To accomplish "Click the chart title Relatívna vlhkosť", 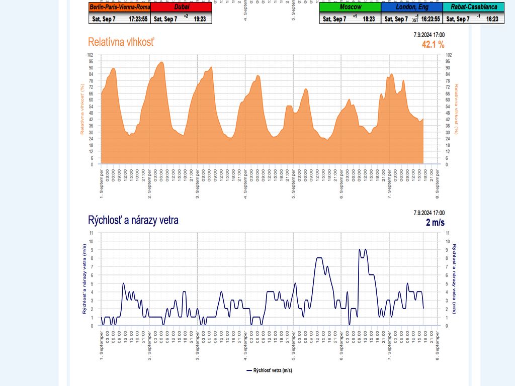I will click(121, 42).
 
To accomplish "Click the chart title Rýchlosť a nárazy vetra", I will click(133, 220).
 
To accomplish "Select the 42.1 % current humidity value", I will click(433, 45).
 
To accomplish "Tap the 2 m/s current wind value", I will click(435, 223).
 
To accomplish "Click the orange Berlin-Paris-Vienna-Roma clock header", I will click(119, 7).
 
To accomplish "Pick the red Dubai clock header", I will click(181, 7).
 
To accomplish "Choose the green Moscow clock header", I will click(350, 7).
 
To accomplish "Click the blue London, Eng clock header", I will click(411, 7).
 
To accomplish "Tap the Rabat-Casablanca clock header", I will click(473, 7).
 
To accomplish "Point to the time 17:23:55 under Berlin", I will click(138, 19).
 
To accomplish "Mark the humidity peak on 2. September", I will click(161, 62).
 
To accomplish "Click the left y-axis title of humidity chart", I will click(81, 110).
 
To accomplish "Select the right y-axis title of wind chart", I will click(454, 279).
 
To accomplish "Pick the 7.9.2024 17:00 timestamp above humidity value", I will click(429, 35).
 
